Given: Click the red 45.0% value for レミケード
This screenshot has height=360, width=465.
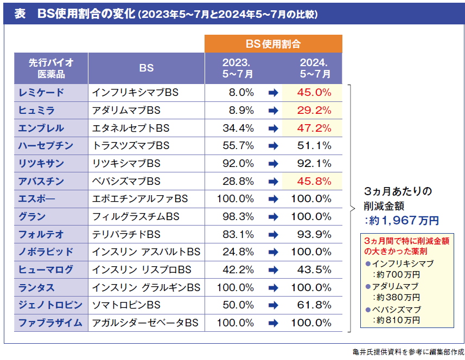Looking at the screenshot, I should point(314,93).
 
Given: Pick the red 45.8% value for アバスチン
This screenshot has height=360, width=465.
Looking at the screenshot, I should point(314,181).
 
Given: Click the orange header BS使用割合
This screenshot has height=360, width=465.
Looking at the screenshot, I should point(273,44).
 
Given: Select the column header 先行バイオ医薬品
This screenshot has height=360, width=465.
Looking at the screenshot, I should point(51,68).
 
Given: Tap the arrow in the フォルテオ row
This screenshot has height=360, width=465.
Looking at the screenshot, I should point(273,234).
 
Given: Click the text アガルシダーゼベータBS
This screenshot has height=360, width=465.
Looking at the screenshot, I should point(145,323).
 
